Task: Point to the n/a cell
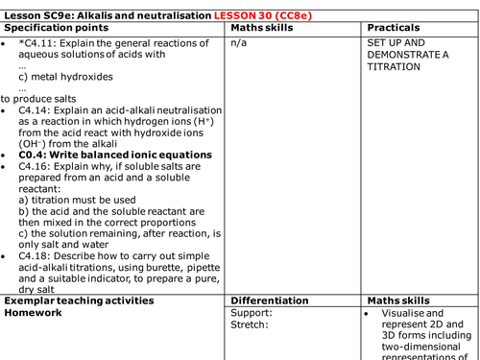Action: (240, 44)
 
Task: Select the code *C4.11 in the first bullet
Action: (36, 44)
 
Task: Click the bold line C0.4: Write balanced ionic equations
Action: (115, 155)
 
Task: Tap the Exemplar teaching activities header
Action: (79, 300)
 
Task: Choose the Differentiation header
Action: (270, 300)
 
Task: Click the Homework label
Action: (37, 313)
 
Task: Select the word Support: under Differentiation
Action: (252, 313)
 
